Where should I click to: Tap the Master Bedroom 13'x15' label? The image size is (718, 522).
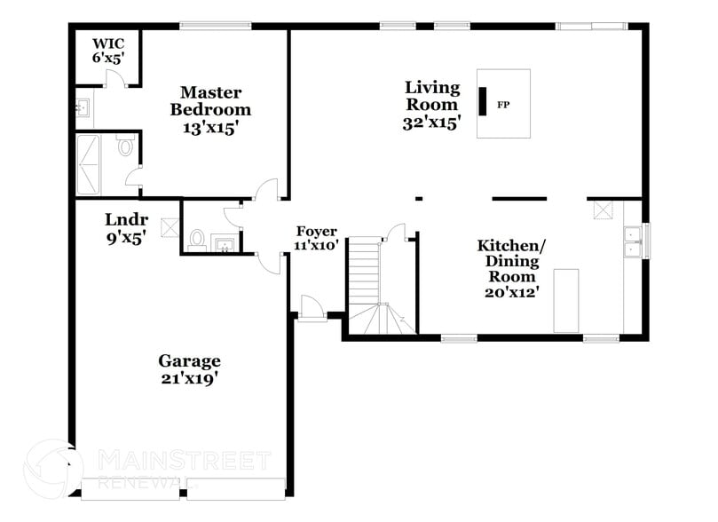coord(210,110)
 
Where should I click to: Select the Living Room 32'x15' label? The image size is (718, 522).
coord(432,105)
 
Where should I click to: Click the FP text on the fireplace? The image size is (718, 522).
coord(503,105)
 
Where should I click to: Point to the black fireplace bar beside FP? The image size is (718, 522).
coord(484,101)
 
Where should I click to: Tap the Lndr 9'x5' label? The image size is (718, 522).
coord(125,228)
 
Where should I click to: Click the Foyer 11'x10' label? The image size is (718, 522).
coord(317,238)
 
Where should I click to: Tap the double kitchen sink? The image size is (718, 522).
coord(634,241)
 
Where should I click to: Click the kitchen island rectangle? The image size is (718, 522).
coord(566,300)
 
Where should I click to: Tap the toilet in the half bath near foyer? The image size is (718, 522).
coord(197,240)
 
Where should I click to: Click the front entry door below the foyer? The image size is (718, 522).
coord(310,308)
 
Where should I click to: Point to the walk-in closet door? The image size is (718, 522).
coord(113,79)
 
